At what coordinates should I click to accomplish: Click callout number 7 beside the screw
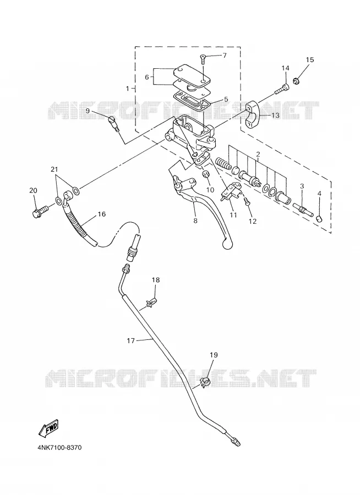pos(225,56)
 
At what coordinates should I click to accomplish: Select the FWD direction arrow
pos(48,428)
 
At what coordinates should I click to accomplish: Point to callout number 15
pos(310,59)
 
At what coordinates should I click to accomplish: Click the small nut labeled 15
pos(297,81)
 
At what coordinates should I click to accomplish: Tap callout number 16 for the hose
pos(101,215)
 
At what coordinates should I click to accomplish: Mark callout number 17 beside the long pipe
pos(131,340)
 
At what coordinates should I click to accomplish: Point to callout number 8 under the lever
pos(195,221)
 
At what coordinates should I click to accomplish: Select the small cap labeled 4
pos(319,218)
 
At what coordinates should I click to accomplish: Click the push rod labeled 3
pos(303,211)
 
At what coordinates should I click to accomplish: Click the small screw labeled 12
pos(248,204)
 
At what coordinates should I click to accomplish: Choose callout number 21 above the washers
pos(54,169)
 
